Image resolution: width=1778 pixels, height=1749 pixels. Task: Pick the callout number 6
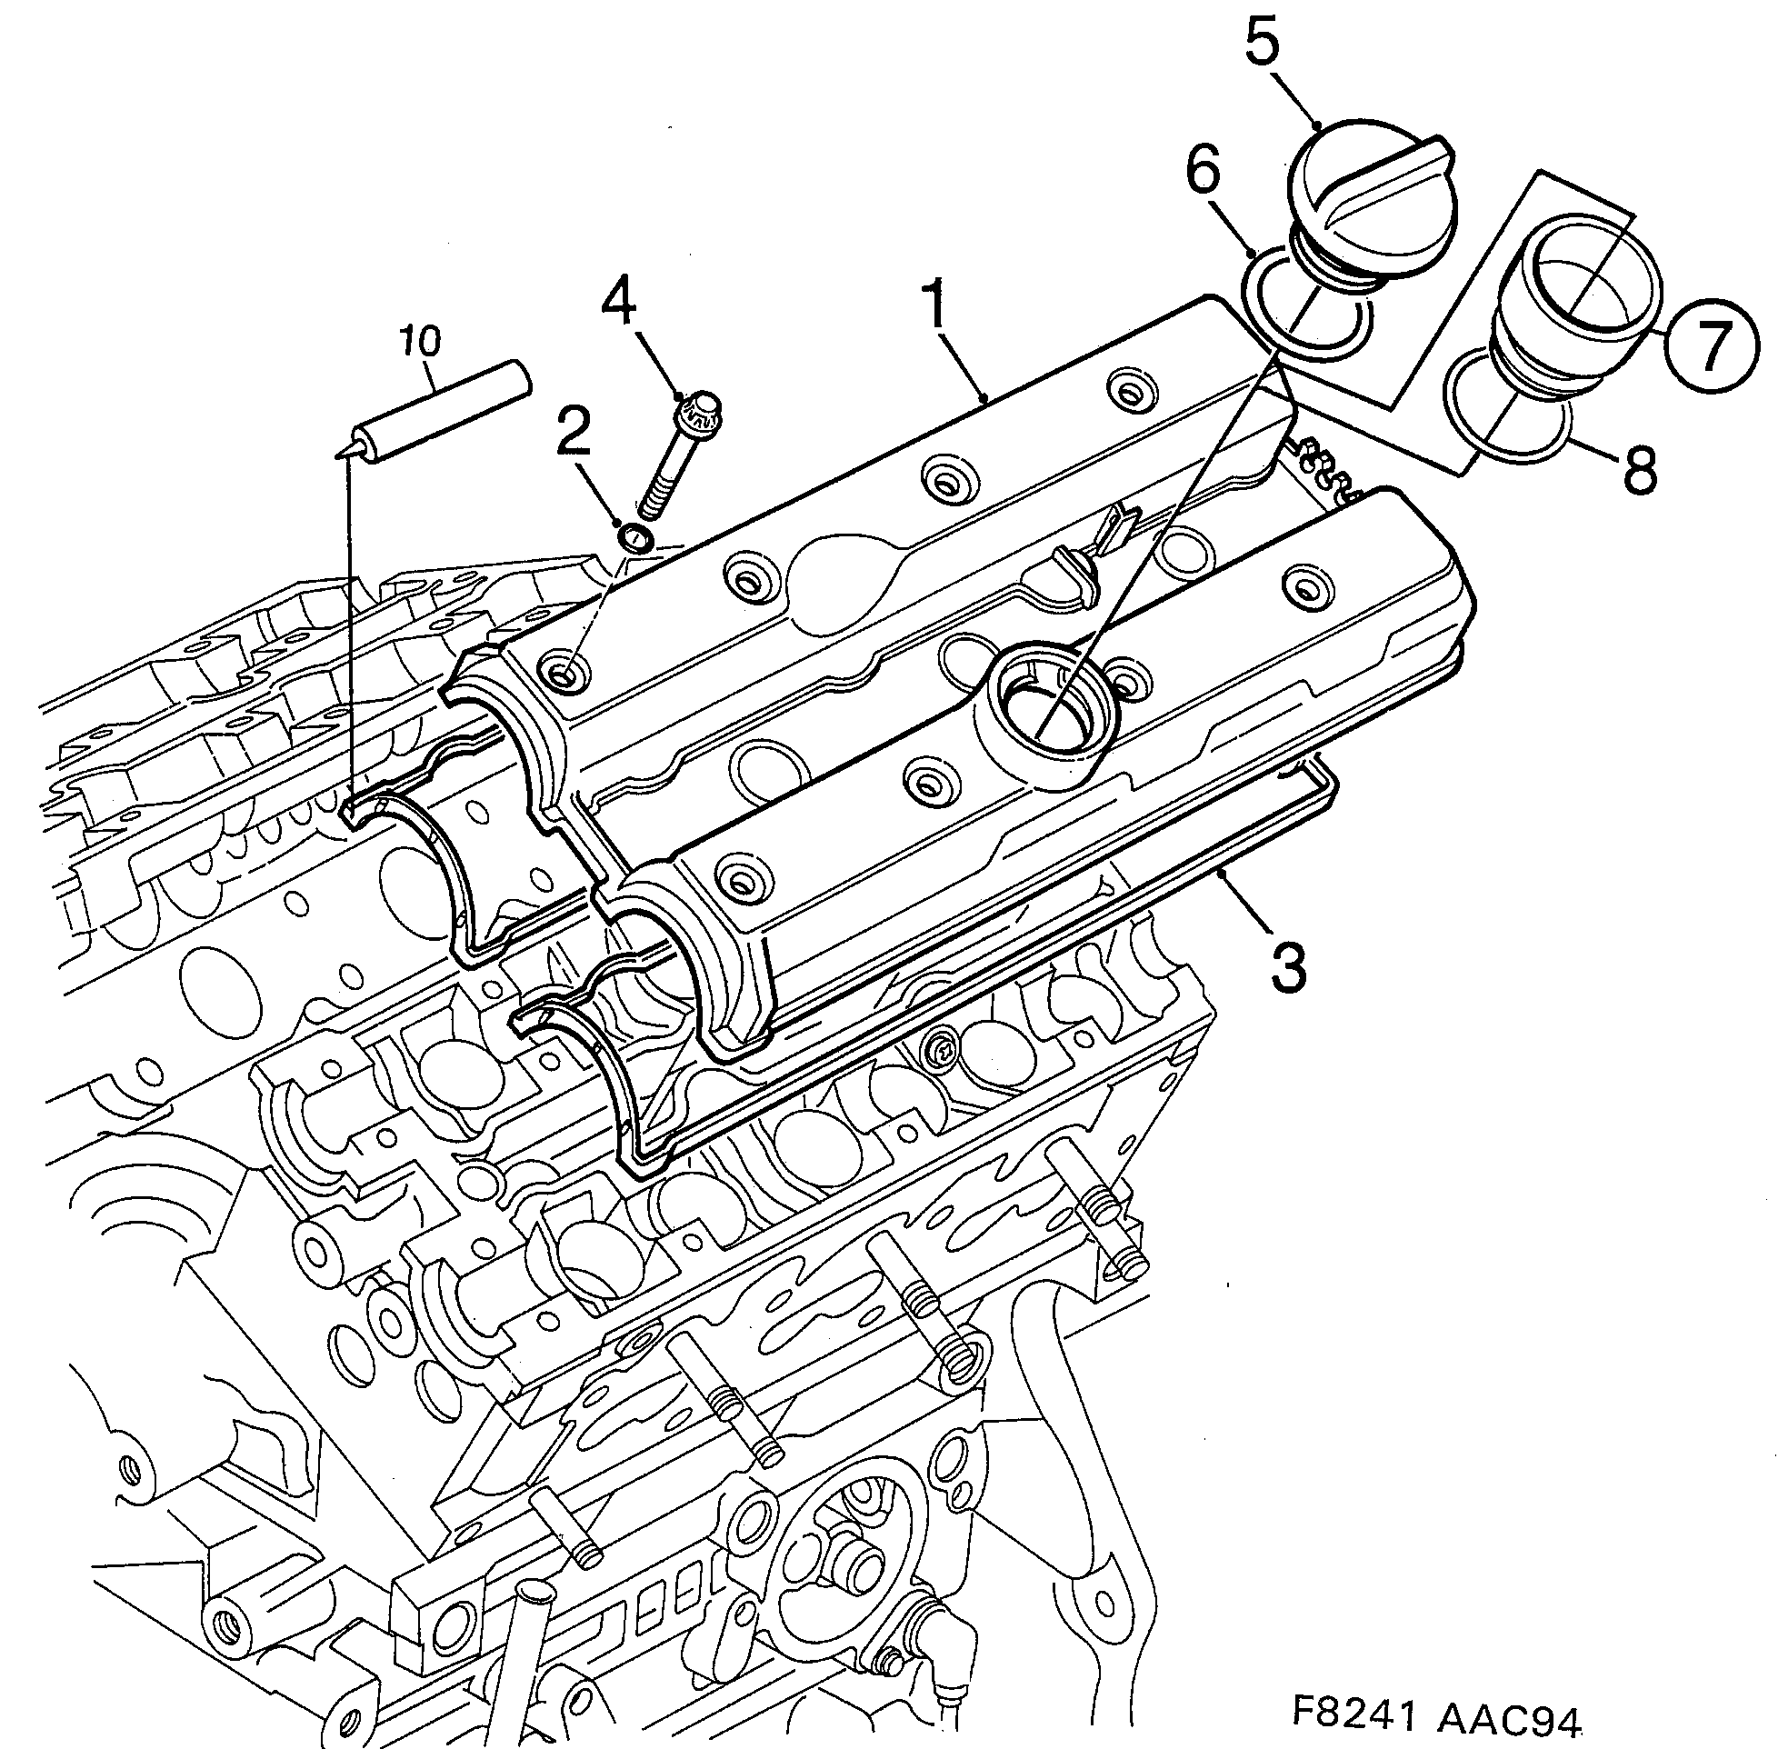click(x=1204, y=173)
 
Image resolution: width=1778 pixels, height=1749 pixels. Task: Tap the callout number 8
click(x=1640, y=466)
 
